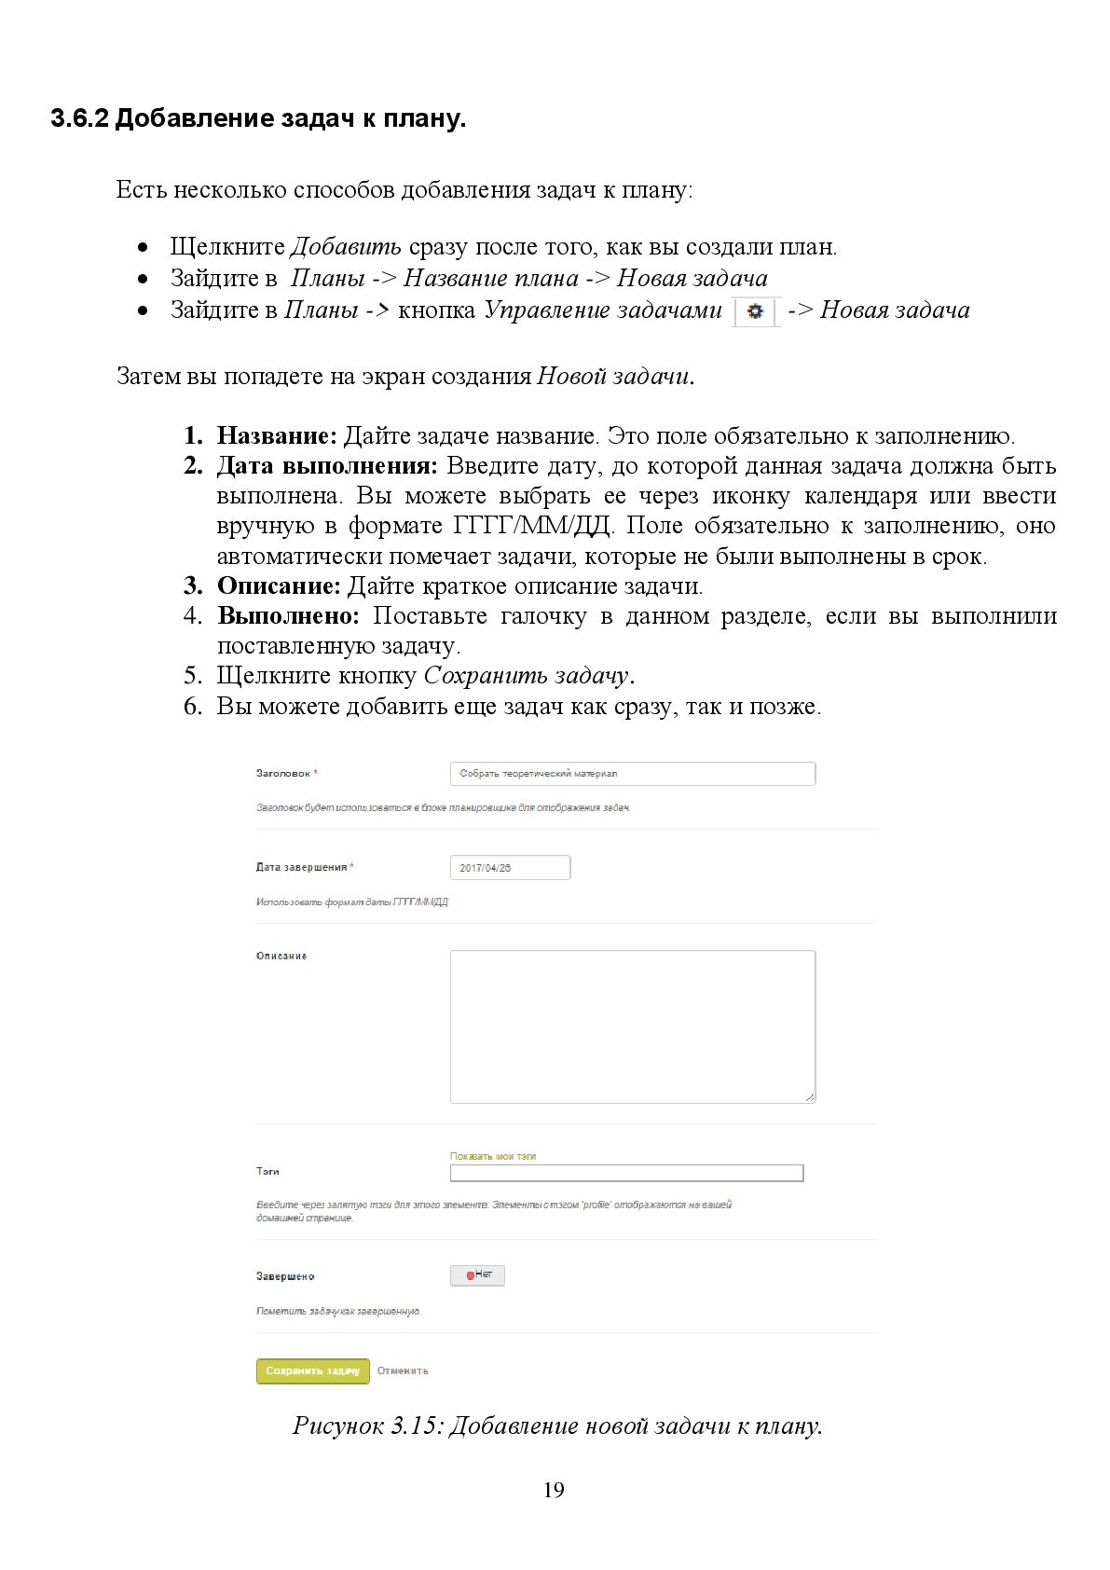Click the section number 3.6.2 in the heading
(80, 119)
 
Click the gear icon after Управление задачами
(755, 311)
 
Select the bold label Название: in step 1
(277, 435)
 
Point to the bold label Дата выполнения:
(327, 465)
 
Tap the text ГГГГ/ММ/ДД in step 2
(531, 526)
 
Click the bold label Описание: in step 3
(279, 585)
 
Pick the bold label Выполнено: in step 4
(288, 615)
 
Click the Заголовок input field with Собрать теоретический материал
(632, 774)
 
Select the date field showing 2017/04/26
(510, 868)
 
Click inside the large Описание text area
(632, 1026)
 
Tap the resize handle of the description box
(810, 1097)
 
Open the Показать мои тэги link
(493, 1156)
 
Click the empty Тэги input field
(626, 1173)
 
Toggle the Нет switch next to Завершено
(477, 1275)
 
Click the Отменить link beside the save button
(403, 1370)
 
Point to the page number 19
(554, 1490)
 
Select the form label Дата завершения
(301, 867)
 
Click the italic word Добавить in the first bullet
(346, 247)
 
